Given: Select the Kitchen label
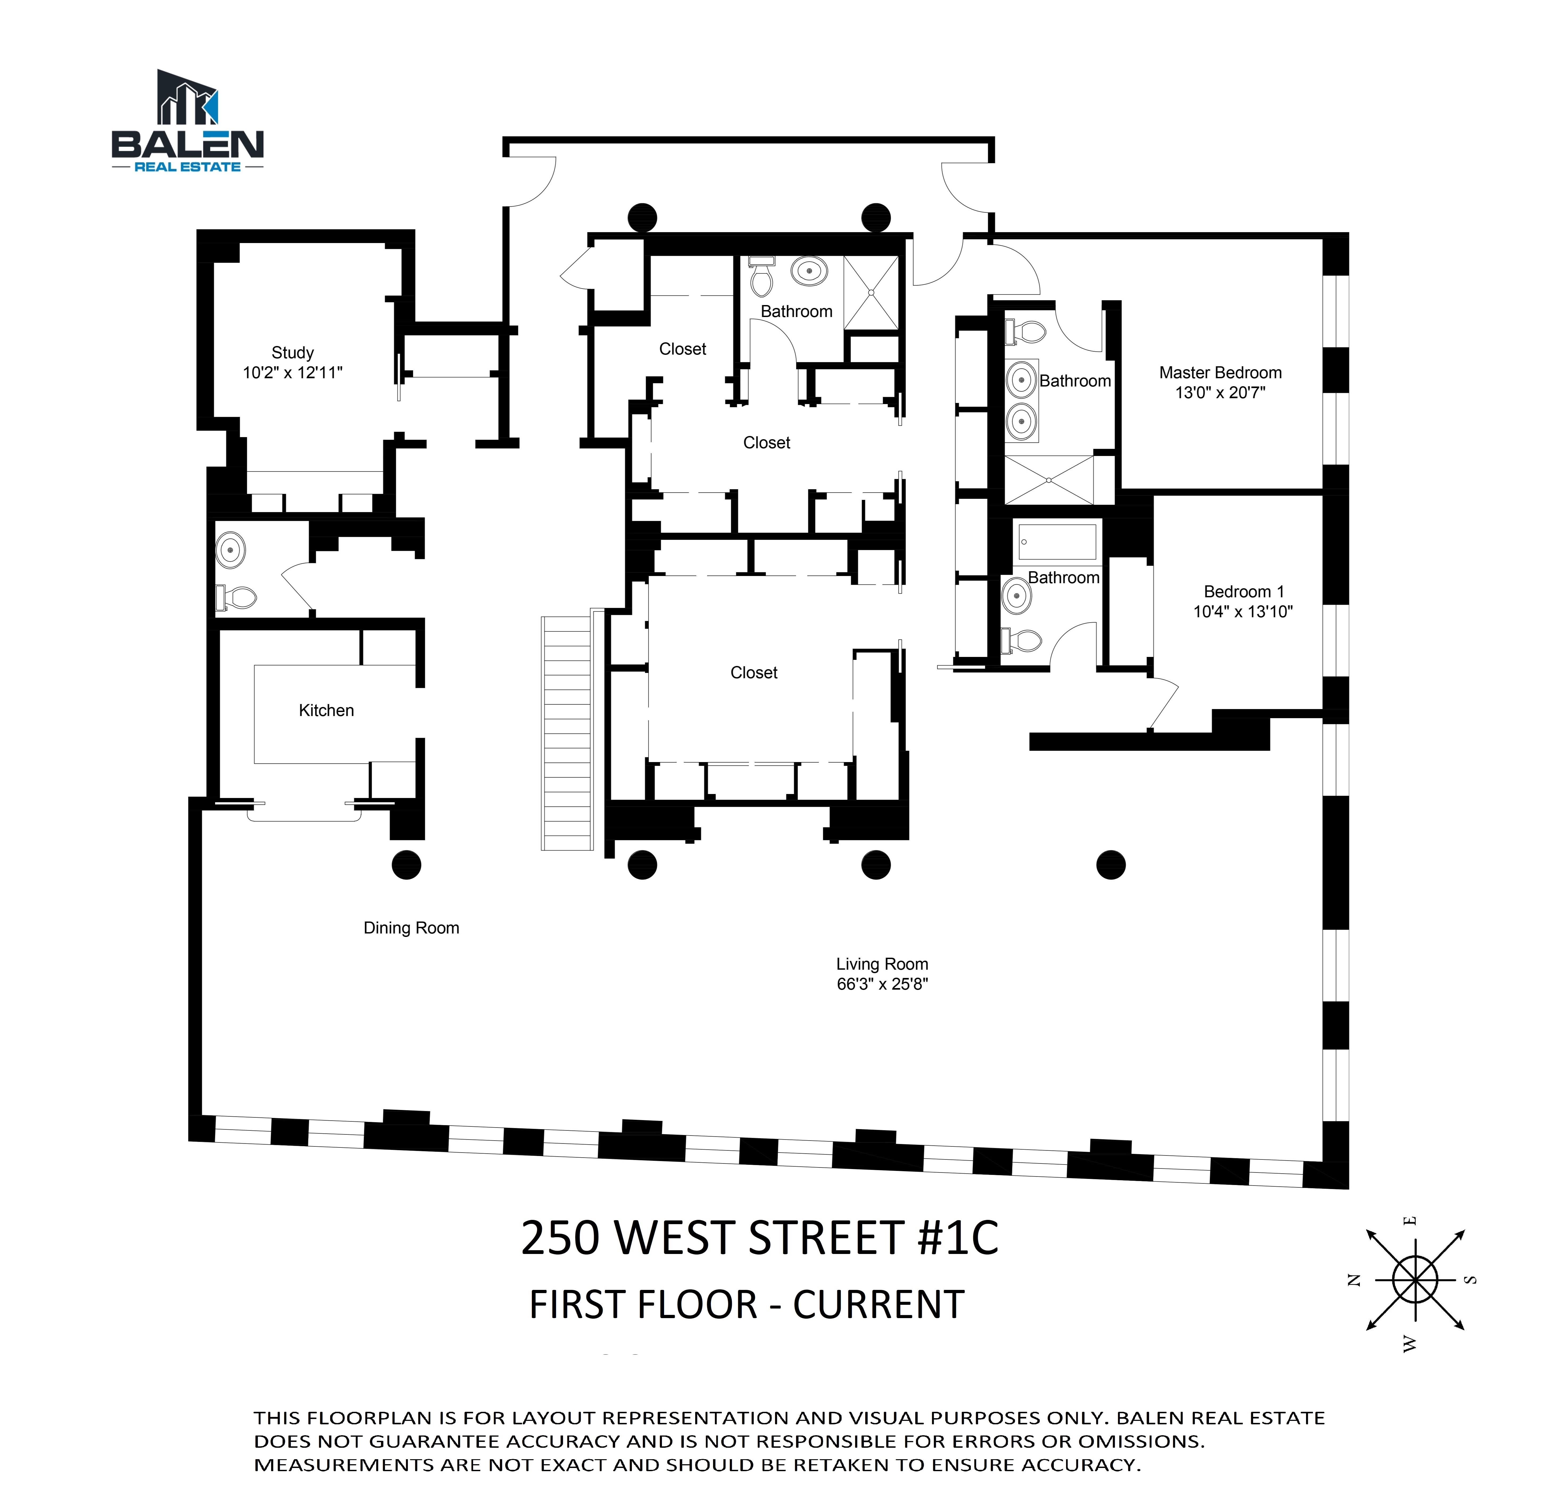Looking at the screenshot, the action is tap(326, 710).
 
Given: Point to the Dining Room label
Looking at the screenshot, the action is tap(411, 928).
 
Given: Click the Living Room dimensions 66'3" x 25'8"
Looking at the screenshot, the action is tap(882, 984).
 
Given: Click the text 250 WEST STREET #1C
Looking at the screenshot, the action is tap(759, 1237).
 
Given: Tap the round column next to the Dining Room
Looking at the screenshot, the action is tap(406, 864).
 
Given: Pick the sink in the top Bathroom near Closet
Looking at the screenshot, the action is tap(809, 272).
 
